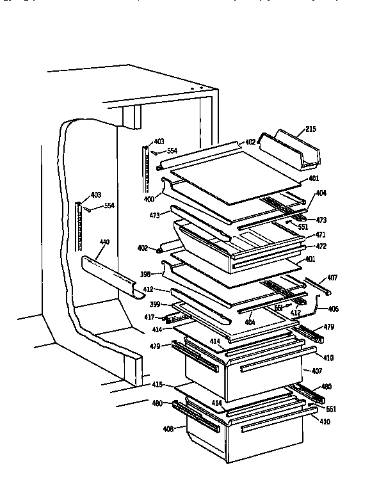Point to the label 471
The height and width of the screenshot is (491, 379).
320,235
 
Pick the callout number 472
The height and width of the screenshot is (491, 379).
321,246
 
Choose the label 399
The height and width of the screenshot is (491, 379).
155,304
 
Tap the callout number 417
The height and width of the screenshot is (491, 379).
148,316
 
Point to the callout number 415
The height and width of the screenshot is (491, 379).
157,385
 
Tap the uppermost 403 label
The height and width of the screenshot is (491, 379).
159,141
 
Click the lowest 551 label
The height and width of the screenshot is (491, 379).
330,408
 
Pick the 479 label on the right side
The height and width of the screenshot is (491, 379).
328,327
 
